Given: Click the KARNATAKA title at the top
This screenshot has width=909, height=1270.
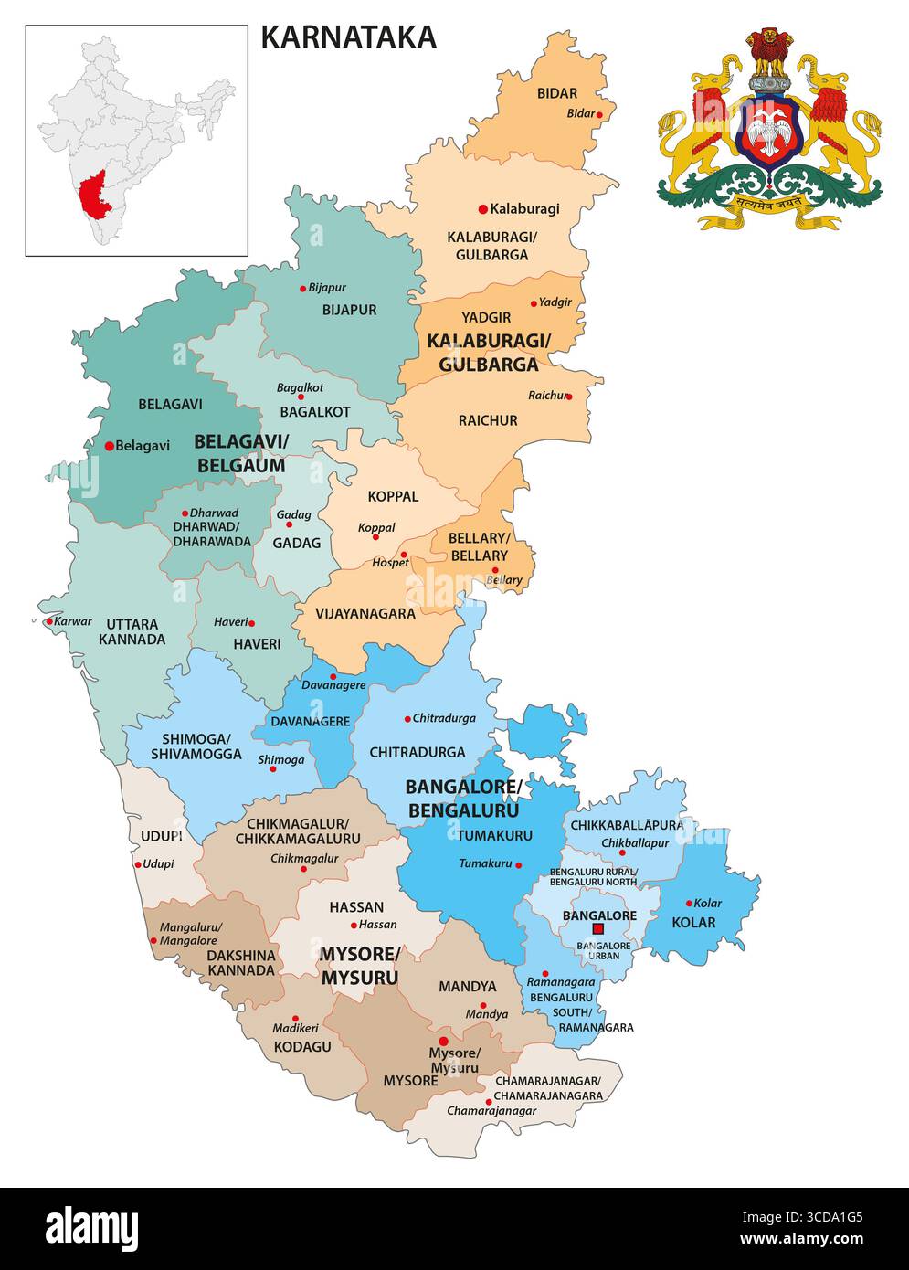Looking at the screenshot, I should [348, 37].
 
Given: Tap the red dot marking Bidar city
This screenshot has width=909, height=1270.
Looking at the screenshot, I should [600, 114].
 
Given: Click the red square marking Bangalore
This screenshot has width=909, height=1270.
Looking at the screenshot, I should [598, 929].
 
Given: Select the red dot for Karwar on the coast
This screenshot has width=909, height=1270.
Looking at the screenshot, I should [49, 621].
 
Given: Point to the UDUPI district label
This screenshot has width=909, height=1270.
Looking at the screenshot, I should [162, 836].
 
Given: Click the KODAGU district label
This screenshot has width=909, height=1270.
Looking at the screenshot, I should [302, 1046].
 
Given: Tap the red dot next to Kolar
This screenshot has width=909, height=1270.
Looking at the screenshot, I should [689, 903].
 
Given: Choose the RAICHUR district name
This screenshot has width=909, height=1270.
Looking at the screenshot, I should [488, 420].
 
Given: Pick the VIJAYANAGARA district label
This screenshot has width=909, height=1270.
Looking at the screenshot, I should [365, 613].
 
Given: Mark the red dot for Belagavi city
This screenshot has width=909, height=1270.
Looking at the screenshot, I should [109, 446].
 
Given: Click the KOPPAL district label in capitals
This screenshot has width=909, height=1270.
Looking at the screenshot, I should [393, 496].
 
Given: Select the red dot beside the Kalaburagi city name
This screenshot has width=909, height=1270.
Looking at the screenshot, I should [482, 208].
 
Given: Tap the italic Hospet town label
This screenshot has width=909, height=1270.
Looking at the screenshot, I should [390, 563].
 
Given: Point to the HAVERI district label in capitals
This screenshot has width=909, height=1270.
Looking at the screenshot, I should [257, 643].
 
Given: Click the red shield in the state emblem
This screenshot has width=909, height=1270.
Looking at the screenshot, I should [769, 132].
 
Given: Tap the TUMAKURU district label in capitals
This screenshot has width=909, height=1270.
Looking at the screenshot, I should [494, 835].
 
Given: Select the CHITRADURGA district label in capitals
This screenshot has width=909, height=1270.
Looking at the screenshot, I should [417, 752].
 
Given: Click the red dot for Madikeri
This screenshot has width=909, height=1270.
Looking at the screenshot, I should [295, 1018].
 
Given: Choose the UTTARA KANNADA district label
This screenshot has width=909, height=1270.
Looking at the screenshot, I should [132, 631].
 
